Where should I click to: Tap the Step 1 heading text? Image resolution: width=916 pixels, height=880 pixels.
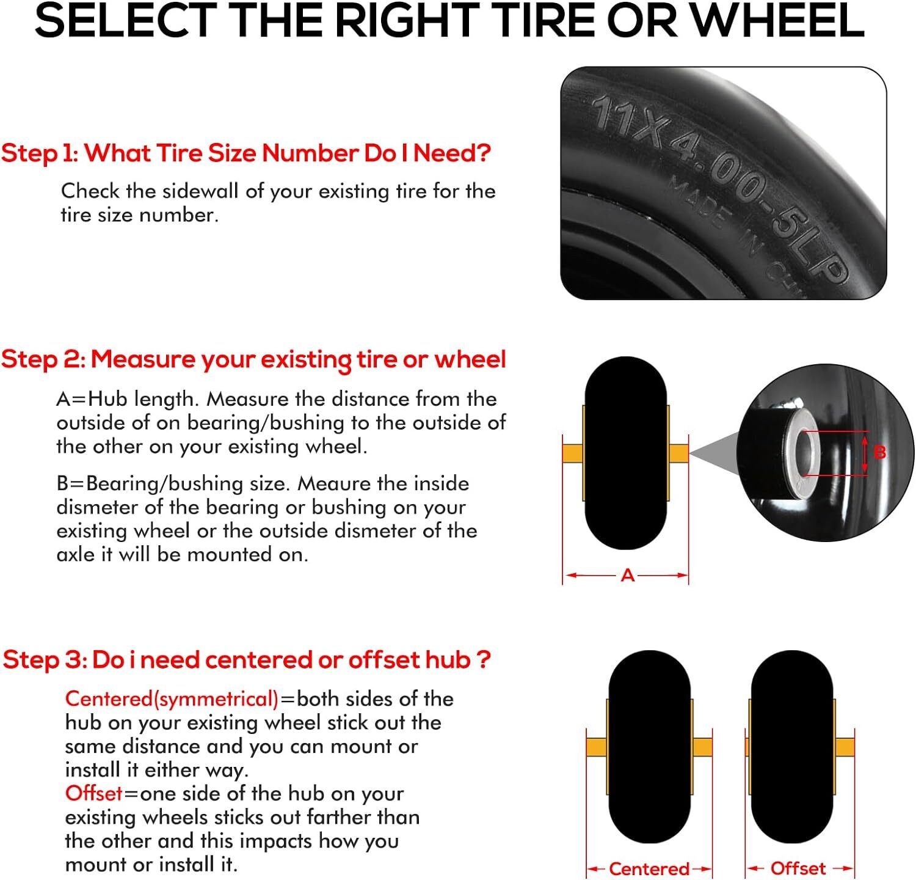click(245, 153)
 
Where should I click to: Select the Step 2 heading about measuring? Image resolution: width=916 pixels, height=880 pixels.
click(253, 359)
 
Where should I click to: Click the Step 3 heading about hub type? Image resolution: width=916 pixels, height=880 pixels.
click(247, 660)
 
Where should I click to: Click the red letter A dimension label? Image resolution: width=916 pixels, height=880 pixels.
click(627, 576)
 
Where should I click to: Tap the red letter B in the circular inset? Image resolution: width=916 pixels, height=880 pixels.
click(879, 452)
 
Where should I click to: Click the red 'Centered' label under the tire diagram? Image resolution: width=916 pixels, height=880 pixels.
click(649, 868)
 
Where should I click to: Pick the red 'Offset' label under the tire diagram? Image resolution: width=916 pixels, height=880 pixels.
click(798, 868)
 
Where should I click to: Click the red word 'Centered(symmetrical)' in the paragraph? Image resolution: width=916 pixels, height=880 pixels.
click(172, 698)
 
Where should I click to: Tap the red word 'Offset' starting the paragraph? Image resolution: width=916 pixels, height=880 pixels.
click(93, 793)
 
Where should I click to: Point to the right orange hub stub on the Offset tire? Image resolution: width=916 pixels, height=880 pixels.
click(845, 747)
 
